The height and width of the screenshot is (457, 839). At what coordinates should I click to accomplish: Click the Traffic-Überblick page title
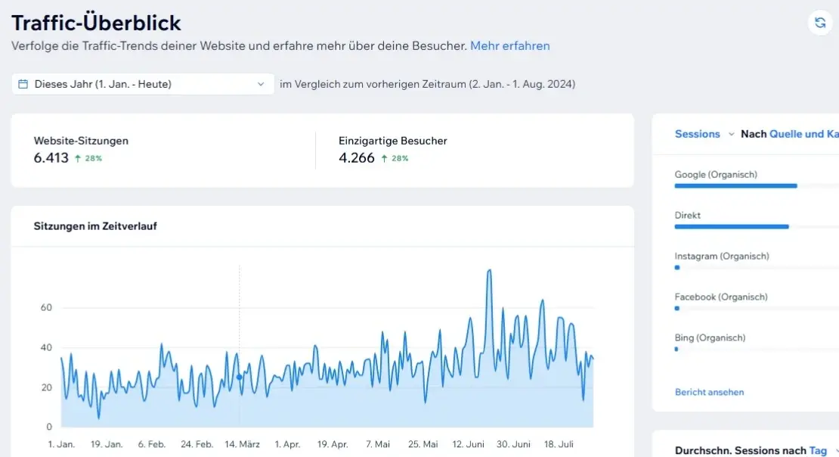pos(96,22)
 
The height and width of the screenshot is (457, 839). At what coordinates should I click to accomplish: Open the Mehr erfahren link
pos(509,45)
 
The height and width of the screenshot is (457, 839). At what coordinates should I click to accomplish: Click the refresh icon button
pos(819,23)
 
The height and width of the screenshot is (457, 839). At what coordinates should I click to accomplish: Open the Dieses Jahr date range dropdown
pos(143,84)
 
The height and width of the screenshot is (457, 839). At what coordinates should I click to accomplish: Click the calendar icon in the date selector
pos(23,84)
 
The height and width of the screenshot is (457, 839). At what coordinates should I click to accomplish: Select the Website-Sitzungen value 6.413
pos(51,158)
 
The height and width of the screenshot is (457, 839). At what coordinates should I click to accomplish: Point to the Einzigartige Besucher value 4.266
pos(356,158)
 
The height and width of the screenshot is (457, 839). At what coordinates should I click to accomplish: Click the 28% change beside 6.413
pos(88,159)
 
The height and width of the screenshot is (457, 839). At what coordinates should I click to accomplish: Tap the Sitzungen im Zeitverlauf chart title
pos(95,225)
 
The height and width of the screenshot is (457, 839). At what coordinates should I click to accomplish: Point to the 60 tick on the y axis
pos(46,307)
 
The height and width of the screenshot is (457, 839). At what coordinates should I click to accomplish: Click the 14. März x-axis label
pos(242,444)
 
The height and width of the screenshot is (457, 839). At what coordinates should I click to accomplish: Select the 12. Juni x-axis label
pos(468,444)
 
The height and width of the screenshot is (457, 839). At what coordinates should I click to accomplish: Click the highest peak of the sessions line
pos(489,271)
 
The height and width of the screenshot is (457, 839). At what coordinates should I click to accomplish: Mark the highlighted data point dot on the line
pos(240,377)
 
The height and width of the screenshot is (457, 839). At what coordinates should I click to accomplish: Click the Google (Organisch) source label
pos(715,175)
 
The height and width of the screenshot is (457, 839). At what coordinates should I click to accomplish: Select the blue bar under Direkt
pos(731,226)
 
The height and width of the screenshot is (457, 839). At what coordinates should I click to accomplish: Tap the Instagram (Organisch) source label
pos(721,256)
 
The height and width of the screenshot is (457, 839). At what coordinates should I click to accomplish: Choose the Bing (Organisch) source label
pos(710,337)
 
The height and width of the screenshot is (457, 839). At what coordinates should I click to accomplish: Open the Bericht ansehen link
pos(709,392)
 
